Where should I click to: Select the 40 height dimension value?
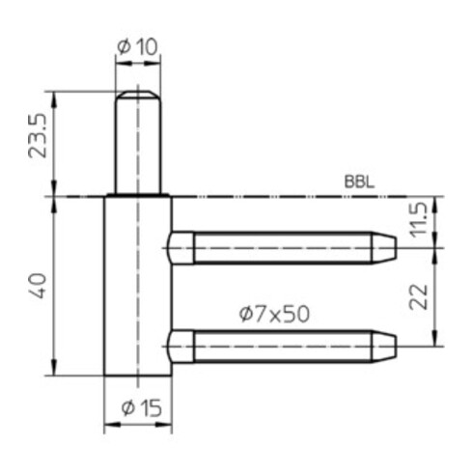click(40, 286)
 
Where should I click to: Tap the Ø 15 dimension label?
click(137, 407)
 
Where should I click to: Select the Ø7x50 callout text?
click(273, 313)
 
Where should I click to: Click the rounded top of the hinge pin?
click(136, 95)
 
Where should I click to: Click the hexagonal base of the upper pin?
click(181, 248)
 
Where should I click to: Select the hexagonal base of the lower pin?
click(181, 345)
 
